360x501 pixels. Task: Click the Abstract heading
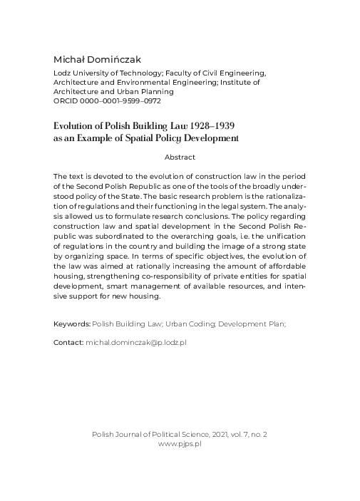pos(180,157)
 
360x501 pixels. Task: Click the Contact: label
pos(68,342)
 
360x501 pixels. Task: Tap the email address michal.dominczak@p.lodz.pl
pos(136,342)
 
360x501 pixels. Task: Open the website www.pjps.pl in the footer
pos(180,443)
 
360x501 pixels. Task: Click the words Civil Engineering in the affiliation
pos(237,73)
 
